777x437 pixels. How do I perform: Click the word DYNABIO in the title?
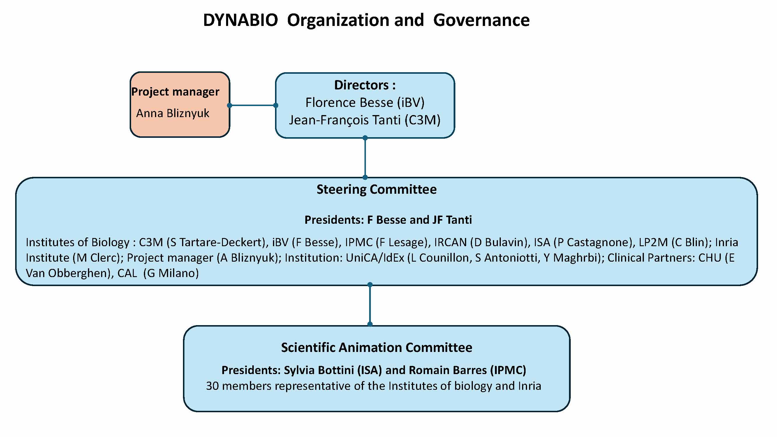pyautogui.click(x=240, y=20)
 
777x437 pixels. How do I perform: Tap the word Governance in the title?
pyautogui.click(x=481, y=20)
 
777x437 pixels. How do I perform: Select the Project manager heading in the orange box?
pyautogui.click(x=175, y=92)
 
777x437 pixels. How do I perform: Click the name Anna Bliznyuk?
pyautogui.click(x=172, y=113)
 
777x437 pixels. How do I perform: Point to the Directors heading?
pyautogui.click(x=365, y=85)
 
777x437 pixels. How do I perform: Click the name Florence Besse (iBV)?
pyautogui.click(x=365, y=103)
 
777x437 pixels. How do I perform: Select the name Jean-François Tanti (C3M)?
pyautogui.click(x=365, y=120)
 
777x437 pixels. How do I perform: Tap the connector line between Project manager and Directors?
pyautogui.click(x=253, y=105)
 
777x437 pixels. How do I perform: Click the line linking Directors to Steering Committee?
pyautogui.click(x=365, y=157)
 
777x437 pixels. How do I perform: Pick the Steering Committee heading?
pyautogui.click(x=376, y=189)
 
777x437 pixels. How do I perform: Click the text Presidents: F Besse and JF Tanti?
pyautogui.click(x=388, y=220)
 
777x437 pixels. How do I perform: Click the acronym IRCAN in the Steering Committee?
pyautogui.click(x=450, y=242)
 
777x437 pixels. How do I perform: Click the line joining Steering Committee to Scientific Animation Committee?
pyautogui.click(x=370, y=304)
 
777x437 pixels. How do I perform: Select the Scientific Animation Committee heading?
pyautogui.click(x=377, y=348)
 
